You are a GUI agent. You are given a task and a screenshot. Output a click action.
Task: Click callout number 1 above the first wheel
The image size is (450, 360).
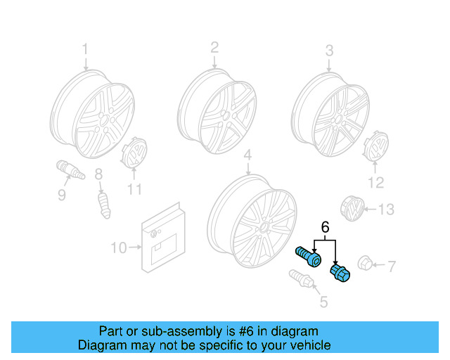click(x=85, y=49)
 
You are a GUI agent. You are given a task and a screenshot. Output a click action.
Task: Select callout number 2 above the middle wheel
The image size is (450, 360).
click(x=214, y=47)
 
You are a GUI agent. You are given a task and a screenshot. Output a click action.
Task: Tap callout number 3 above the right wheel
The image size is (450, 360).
click(x=329, y=51)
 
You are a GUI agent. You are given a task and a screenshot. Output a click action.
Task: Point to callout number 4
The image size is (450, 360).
click(x=247, y=155)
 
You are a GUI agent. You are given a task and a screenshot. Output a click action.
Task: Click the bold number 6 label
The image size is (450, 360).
click(x=325, y=227)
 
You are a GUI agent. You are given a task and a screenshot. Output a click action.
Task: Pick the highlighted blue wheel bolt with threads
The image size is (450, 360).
click(x=308, y=257)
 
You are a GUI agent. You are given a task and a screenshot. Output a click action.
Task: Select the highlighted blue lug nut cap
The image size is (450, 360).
click(x=340, y=273)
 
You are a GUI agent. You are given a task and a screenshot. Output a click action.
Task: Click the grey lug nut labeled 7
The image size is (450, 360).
click(x=365, y=263)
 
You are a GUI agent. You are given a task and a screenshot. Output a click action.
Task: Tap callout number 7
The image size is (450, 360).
click(x=392, y=266)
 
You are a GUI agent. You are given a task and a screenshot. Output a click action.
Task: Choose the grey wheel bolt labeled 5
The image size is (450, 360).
click(x=302, y=278)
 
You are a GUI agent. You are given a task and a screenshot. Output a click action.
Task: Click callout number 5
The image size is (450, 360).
click(x=323, y=302)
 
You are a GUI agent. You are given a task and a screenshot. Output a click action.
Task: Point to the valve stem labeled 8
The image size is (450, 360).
click(x=104, y=205)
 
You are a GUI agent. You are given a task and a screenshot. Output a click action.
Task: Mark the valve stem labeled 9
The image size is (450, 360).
click(x=70, y=169)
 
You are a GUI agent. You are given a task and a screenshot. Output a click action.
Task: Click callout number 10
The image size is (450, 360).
click(x=119, y=247)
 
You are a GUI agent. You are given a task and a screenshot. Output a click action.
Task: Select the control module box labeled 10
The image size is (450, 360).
click(x=163, y=238)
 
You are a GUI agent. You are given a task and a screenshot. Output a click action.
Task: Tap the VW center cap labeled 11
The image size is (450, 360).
click(x=134, y=152)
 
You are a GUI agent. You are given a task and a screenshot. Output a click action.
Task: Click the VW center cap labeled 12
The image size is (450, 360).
click(x=376, y=147)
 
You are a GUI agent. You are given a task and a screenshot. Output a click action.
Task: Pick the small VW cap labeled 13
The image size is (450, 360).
click(x=352, y=209)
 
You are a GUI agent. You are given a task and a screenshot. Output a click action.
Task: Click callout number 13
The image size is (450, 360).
click(x=386, y=210)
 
